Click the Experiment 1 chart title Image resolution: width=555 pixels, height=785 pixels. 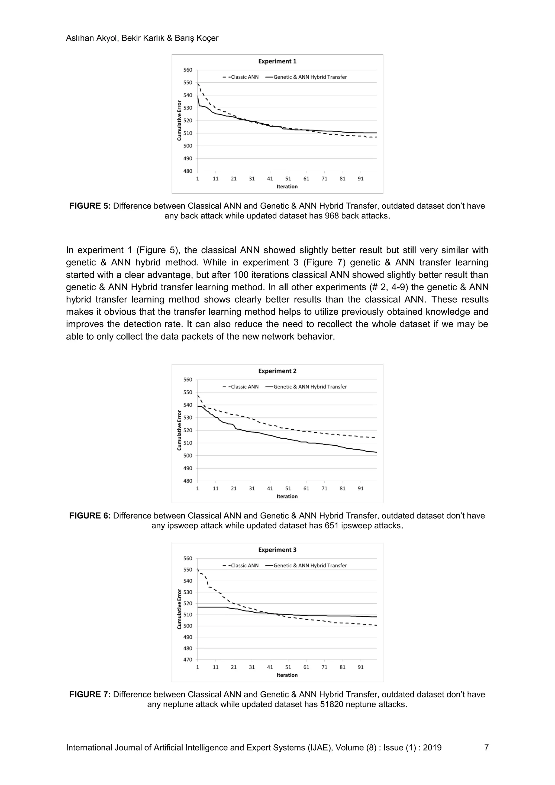coord(277,62)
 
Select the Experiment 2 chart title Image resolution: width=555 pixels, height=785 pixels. coord(277,371)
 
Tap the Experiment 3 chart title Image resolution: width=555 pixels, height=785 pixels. coord(277,550)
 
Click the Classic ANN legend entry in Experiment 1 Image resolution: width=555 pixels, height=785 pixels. coord(241,77)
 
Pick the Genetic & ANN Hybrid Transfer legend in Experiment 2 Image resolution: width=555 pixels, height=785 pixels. coord(306,387)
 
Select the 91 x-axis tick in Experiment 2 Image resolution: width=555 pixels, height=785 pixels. coord(360,488)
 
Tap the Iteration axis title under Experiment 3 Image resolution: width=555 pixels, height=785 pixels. coord(287,675)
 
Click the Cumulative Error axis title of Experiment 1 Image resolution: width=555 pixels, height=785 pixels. coord(179,120)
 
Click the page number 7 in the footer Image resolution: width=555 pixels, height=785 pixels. coord(486,748)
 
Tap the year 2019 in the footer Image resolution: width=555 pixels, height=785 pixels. coord(432,748)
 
